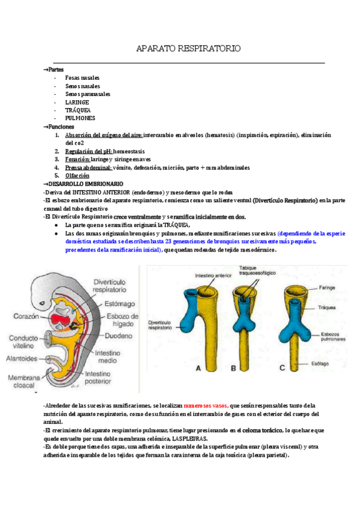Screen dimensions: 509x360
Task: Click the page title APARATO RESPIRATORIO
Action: pos(188,47)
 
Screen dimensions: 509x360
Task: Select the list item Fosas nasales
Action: pos(82,78)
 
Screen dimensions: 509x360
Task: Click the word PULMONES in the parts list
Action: pos(80,118)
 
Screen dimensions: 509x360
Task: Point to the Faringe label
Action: pos(326,288)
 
